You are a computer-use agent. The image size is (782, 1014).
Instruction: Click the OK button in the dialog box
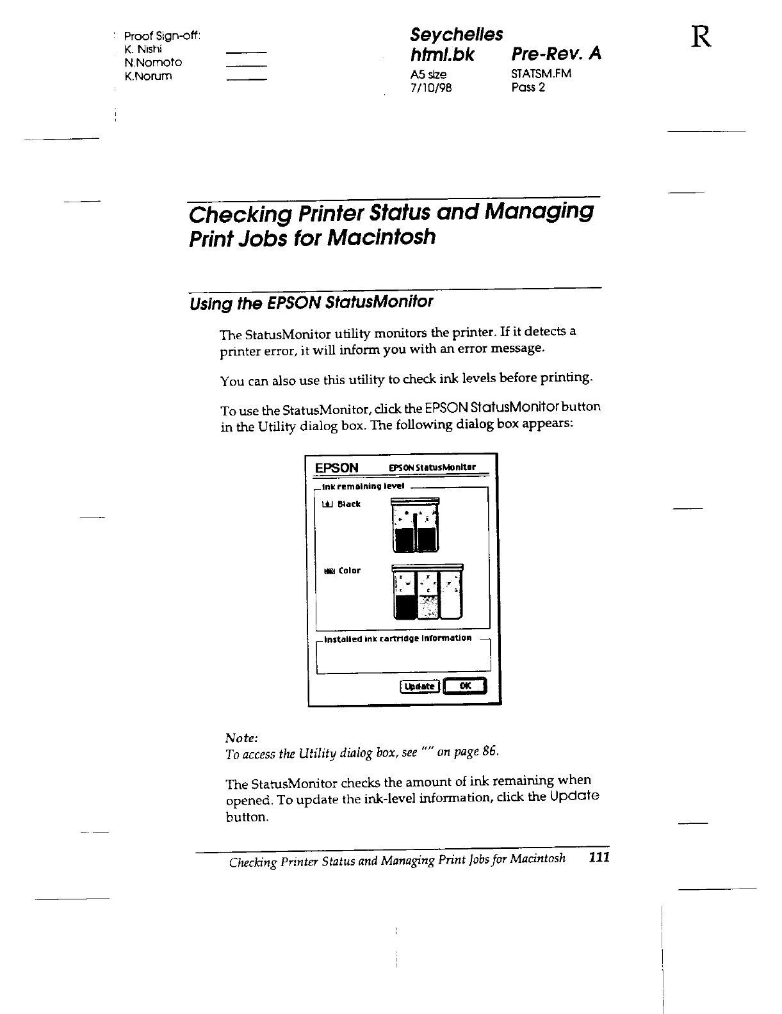(x=465, y=686)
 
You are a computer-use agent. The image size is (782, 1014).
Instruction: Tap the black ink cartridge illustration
(x=416, y=526)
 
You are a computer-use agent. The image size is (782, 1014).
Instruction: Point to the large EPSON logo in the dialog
(x=336, y=467)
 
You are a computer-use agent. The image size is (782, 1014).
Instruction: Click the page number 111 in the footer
(x=599, y=858)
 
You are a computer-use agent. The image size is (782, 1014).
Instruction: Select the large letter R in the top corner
(x=701, y=38)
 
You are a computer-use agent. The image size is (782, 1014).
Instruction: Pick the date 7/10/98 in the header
(x=430, y=88)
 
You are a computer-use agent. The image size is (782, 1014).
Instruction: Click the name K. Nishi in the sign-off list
(x=143, y=49)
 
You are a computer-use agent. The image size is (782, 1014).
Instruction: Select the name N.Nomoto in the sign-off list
(x=153, y=62)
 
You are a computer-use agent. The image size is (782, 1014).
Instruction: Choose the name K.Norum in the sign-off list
(x=149, y=76)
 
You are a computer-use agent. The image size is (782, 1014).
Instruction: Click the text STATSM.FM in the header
(x=541, y=74)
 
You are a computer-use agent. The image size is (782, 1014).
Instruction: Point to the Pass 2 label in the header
(x=528, y=87)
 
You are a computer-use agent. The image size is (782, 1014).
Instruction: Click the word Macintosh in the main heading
(x=382, y=237)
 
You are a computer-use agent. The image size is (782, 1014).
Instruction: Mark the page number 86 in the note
(x=489, y=752)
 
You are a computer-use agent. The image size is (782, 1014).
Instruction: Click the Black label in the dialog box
(x=349, y=504)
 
